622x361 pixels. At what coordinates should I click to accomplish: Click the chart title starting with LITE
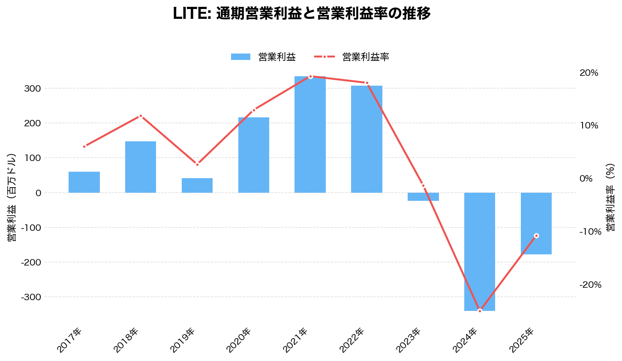(301, 14)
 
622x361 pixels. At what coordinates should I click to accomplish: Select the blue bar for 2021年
(310, 134)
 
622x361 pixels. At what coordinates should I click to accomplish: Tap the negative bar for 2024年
(479, 251)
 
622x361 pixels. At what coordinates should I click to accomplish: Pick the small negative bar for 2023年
(423, 197)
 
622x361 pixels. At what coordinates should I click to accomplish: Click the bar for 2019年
(197, 185)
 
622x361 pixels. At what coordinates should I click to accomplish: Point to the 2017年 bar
(84, 182)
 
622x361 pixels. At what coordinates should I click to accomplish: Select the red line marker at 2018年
(141, 116)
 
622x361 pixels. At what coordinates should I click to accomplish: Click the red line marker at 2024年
(480, 310)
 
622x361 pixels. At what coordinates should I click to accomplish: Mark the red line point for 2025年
(536, 236)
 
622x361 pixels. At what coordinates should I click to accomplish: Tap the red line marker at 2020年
(254, 110)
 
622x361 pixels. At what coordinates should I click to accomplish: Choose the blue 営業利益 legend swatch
(240, 57)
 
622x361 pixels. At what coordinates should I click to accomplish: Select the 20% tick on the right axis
(589, 73)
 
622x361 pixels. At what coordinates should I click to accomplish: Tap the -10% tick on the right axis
(590, 232)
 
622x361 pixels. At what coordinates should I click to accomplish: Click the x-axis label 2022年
(352, 340)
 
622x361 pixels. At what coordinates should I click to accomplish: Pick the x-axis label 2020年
(239, 340)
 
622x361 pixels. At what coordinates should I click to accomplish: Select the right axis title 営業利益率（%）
(610, 197)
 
